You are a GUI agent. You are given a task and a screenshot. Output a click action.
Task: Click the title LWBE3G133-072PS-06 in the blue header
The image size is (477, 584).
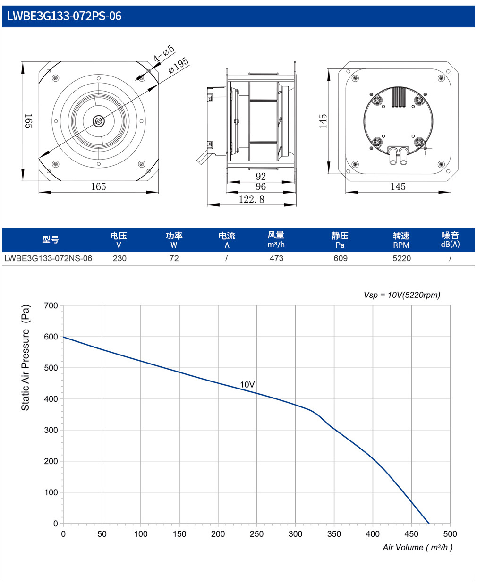(x=64, y=16)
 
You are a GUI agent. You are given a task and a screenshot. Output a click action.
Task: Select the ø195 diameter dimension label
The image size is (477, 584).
(x=179, y=65)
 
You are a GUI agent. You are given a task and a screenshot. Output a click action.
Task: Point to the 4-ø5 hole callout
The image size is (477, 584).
(x=164, y=53)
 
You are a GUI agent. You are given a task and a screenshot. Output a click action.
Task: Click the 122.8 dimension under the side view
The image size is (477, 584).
(x=252, y=199)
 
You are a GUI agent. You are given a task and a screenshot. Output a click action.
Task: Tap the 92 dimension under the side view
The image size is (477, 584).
(x=261, y=176)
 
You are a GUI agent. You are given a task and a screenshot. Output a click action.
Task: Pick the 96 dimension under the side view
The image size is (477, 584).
(x=261, y=186)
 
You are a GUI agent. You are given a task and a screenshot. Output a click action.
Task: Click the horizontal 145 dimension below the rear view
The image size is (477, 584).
(x=398, y=186)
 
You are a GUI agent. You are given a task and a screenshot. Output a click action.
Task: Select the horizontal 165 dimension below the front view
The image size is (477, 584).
(x=99, y=186)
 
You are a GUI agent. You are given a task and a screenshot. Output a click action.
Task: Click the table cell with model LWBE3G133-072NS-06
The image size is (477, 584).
(x=48, y=258)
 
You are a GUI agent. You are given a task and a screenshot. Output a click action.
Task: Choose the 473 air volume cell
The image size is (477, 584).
(x=276, y=258)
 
